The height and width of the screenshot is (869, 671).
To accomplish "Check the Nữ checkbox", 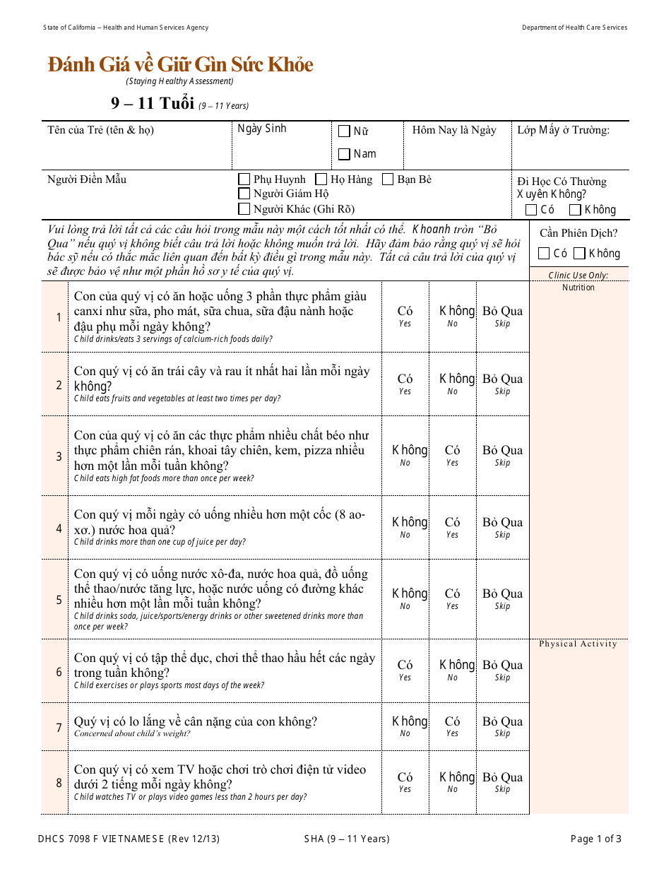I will pyautogui.click(x=344, y=131).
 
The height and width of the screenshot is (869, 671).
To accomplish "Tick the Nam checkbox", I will pyautogui.click(x=344, y=154).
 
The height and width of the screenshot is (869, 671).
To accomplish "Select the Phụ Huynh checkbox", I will pyautogui.click(x=244, y=179).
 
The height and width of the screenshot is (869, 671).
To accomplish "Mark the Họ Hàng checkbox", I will pyautogui.click(x=321, y=179).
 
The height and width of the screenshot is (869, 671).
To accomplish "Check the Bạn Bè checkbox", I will pyautogui.click(x=388, y=179).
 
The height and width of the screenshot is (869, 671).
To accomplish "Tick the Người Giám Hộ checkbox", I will pyautogui.click(x=244, y=194).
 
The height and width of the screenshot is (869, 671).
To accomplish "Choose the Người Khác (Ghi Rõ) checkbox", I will pyautogui.click(x=244, y=208).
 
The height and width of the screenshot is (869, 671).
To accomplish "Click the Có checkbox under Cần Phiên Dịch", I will pyautogui.click(x=544, y=254).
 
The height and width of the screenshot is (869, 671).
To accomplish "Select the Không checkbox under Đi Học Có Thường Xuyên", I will pyautogui.click(x=575, y=210).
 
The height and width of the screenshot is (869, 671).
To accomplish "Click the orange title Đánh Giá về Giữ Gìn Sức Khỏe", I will pyautogui.click(x=180, y=64).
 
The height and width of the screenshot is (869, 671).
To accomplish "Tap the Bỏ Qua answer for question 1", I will pyautogui.click(x=502, y=312).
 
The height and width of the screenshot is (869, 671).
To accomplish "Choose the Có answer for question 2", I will pyautogui.click(x=405, y=379).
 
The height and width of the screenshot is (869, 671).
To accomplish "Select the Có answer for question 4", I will pyautogui.click(x=452, y=523).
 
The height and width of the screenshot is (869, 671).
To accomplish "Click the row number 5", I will pyautogui.click(x=59, y=600).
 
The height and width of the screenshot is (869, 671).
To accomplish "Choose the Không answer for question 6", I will pyautogui.click(x=457, y=666).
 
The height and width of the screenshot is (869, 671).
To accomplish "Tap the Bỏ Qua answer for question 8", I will pyautogui.click(x=502, y=778).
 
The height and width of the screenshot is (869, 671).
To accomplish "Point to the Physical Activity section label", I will pyautogui.click(x=578, y=644).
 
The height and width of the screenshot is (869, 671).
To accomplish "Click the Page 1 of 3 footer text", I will pyautogui.click(x=596, y=839).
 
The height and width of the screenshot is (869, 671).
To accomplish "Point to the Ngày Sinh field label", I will pyautogui.click(x=262, y=129).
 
